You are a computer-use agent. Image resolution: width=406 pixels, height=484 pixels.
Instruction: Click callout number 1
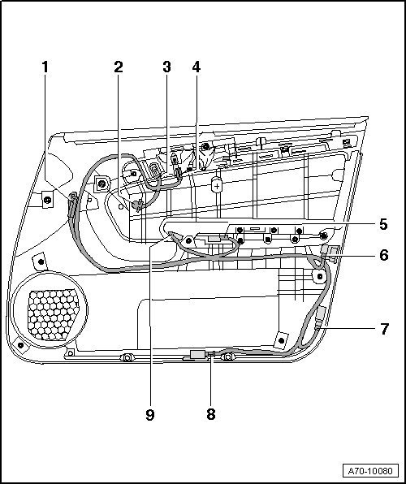point(45,67)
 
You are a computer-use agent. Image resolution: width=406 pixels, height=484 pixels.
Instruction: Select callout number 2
point(119,67)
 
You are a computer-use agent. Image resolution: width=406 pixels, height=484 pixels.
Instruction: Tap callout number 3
point(166,67)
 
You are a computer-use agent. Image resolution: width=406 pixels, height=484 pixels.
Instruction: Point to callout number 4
point(197,67)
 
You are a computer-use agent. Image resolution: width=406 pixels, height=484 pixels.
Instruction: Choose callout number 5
point(383,224)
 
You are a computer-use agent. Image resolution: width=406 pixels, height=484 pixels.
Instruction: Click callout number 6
point(384,255)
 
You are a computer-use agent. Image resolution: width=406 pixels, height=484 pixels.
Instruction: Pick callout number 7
point(384,329)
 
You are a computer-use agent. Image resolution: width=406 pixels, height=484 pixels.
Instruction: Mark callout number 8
point(211,414)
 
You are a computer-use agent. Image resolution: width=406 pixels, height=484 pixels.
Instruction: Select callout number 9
point(149,415)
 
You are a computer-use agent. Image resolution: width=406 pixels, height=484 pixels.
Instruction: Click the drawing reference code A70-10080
point(370,471)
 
